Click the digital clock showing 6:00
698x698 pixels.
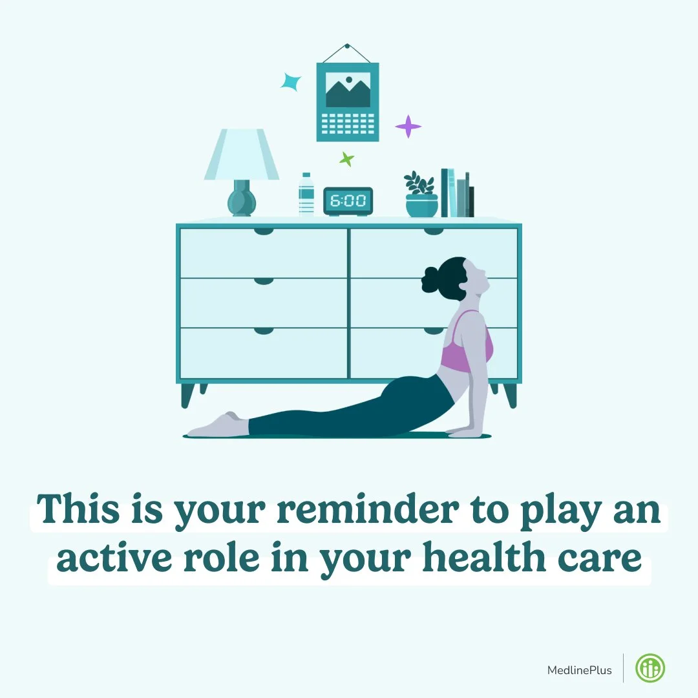tap(348, 201)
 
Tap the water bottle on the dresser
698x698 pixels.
tap(306, 194)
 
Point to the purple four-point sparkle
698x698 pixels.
tap(408, 126)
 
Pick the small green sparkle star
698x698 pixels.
tap(347, 158)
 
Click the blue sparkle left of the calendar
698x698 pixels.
tap(291, 82)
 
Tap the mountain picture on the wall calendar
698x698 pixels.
tap(348, 90)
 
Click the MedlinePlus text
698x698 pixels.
tap(579, 670)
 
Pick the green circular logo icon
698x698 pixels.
tap(650, 669)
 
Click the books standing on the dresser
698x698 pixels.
tap(457, 194)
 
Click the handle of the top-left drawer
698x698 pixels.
tap(264, 231)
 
